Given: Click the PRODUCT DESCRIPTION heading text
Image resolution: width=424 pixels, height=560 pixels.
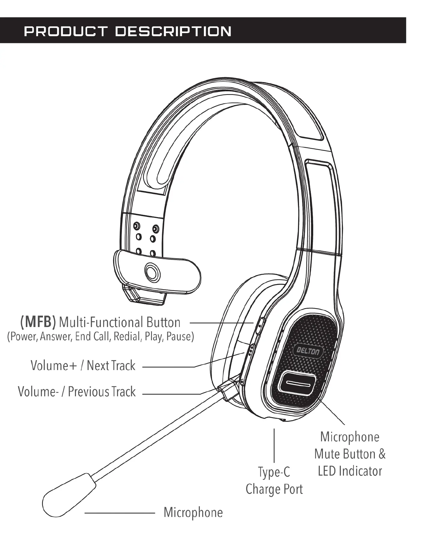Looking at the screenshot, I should tap(128, 31).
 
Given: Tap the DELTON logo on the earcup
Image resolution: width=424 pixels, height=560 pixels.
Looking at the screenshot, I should tap(308, 351).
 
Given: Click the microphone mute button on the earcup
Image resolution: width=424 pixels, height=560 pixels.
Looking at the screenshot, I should tap(297, 384).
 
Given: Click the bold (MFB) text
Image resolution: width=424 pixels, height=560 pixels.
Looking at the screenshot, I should tap(38, 322).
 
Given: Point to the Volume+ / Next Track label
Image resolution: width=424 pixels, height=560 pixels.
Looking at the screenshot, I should tap(83, 366).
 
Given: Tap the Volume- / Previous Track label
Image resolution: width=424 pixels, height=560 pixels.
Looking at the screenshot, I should tap(77, 392).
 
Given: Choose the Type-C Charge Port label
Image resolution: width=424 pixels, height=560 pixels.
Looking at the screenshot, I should tap(274, 480).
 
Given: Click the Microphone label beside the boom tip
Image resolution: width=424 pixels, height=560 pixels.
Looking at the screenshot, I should tap(193, 512).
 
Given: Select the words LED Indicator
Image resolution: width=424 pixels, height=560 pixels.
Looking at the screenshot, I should tap(350, 471).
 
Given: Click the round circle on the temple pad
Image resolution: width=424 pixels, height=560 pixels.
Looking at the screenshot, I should tap(152, 272).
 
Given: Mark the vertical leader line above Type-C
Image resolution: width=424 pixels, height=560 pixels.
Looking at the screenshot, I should tap(274, 445).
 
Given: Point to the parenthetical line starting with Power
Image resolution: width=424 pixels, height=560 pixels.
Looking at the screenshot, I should tap(101, 336).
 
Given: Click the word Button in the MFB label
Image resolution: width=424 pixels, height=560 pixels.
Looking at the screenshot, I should tap(163, 322).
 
